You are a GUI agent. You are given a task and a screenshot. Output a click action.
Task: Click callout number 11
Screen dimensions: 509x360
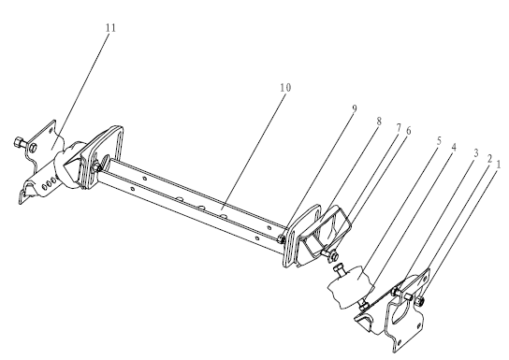[110, 28]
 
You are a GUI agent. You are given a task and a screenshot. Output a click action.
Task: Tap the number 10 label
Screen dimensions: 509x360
[285, 88]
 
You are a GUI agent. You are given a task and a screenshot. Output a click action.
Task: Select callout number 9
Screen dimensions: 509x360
[355, 109]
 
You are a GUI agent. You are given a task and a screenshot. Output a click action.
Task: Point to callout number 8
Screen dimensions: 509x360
[379, 122]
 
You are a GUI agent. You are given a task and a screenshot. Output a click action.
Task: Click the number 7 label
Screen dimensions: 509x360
[399, 128]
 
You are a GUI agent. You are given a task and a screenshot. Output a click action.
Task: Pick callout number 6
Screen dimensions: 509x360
[408, 131]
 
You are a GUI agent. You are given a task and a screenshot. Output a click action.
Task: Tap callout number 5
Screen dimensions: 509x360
[439, 141]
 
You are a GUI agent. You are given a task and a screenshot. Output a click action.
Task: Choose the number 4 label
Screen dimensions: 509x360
[454, 148]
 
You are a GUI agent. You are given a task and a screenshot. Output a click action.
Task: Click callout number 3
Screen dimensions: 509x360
[476, 153]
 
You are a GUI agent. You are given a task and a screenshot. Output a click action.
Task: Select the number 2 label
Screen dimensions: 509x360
[489, 159]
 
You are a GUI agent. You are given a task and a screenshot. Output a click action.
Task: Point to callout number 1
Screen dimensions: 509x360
[498, 165]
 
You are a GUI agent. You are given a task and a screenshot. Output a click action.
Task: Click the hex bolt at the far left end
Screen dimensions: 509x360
[19, 142]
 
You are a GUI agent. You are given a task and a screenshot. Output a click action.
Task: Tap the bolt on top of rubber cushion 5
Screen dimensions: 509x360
[339, 270]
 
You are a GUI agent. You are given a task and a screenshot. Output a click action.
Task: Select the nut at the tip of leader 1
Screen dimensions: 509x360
[419, 301]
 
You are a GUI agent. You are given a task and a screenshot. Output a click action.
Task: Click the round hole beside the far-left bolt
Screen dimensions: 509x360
[33, 148]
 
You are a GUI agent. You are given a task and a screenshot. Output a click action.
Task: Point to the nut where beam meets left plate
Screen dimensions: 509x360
[97, 167]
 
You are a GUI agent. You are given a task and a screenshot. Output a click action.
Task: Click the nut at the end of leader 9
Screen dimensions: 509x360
[282, 239]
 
